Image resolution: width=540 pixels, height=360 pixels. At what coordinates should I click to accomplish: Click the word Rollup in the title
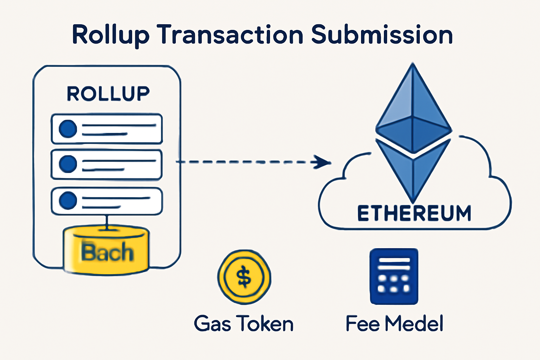[x=110, y=35]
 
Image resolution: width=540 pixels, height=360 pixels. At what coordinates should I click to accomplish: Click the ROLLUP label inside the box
[x=108, y=94]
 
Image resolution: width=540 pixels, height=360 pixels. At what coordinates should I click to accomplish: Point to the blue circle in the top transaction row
[x=68, y=129]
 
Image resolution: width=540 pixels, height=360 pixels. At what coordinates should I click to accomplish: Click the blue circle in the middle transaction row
[x=68, y=164]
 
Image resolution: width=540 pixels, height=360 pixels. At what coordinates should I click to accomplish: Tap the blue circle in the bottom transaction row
[x=68, y=201]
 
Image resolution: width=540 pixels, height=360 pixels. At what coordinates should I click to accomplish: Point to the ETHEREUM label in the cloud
[x=414, y=213]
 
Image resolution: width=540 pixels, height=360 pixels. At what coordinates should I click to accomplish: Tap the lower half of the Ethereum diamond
[x=413, y=169]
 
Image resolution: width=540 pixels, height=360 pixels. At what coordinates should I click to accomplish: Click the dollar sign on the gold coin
[x=244, y=277]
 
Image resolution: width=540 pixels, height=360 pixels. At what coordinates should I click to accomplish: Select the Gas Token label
[x=244, y=324]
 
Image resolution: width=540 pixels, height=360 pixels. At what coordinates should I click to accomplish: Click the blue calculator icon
[x=394, y=276]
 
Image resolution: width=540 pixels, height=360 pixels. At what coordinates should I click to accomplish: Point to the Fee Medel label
[x=394, y=324]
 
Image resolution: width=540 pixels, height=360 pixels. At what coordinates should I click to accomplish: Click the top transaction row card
[x=107, y=129]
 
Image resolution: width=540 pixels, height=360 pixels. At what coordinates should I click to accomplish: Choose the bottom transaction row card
[x=107, y=201]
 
